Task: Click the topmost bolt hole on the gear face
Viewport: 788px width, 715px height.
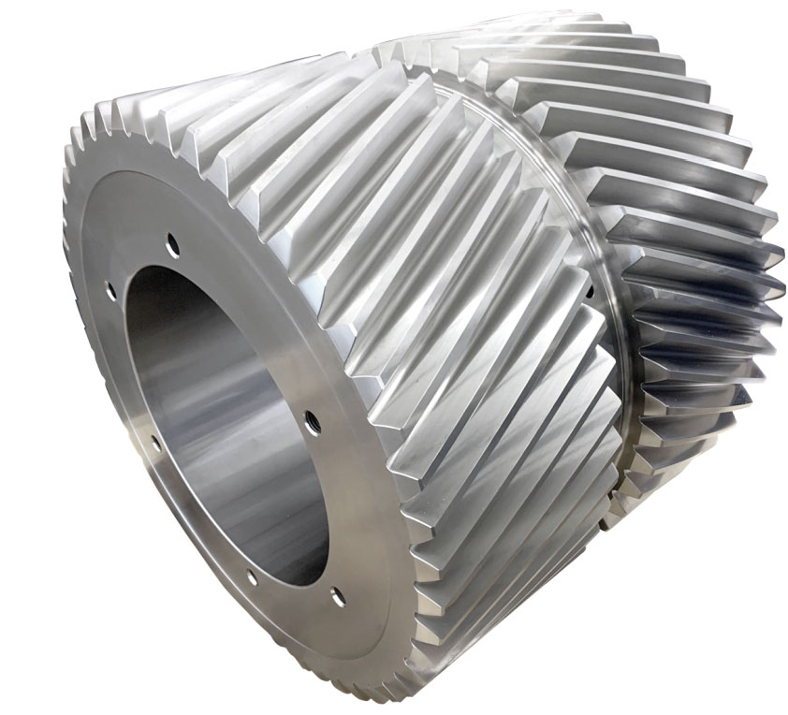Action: [x=172, y=246]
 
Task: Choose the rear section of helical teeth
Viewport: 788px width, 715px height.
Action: [x=674, y=234]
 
